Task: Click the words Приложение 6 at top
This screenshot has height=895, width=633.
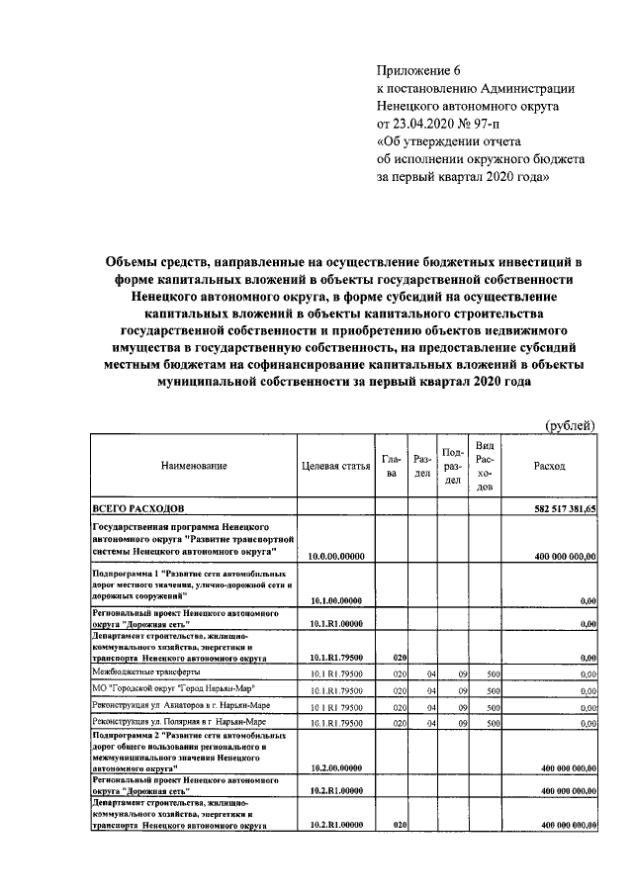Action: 419,69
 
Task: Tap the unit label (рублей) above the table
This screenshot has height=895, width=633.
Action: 571,425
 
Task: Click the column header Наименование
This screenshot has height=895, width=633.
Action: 195,465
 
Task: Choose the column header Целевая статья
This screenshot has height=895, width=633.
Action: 336,465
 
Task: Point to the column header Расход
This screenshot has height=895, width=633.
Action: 550,465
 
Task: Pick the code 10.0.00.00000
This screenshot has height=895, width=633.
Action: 337,557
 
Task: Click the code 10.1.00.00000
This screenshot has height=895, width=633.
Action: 337,600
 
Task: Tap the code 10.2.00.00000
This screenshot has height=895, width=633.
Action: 337,766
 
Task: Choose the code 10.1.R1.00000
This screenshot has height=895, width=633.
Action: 337,624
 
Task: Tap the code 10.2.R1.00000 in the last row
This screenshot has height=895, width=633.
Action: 337,824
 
